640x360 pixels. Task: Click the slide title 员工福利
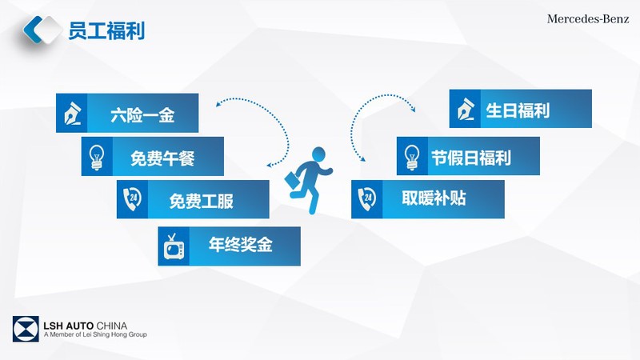[106, 31]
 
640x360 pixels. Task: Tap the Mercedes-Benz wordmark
[588, 18]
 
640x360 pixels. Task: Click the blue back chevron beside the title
[33, 30]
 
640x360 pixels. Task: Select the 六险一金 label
[142, 115]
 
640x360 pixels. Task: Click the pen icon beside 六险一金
[73, 113]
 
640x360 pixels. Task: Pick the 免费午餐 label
[162, 158]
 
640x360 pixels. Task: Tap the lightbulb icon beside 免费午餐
[97, 157]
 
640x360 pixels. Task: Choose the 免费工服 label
[202, 202]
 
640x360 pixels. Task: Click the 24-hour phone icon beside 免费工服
[132, 198]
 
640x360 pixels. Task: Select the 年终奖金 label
[241, 245]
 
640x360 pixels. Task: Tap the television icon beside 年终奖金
[174, 247]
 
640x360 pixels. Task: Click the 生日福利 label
[518, 110]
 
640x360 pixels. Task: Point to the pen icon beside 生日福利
[466, 109]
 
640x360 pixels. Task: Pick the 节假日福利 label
[471, 158]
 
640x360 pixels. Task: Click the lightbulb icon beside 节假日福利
[412, 157]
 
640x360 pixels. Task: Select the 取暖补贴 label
[434, 198]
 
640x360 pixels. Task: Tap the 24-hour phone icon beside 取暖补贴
[367, 198]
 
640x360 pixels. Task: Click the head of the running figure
[318, 154]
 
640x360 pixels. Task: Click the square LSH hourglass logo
[26, 329]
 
